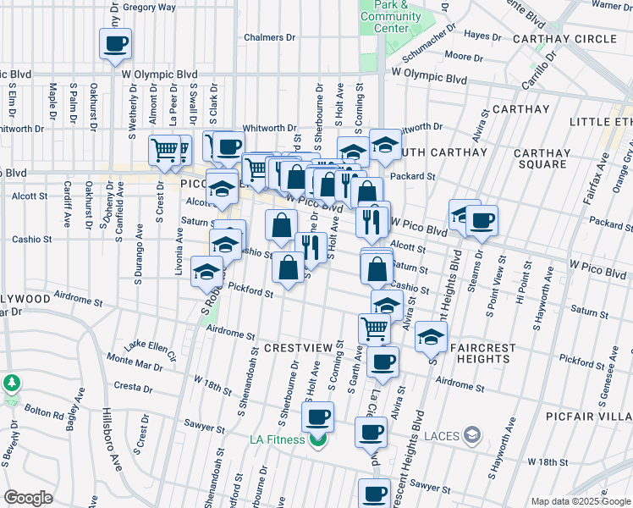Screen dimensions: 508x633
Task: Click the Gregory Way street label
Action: [x=149, y=7]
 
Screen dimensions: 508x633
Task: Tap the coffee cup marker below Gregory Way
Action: [x=116, y=43]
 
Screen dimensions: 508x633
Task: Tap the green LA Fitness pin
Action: [x=318, y=439]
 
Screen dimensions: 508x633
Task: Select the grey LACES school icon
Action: [x=472, y=437]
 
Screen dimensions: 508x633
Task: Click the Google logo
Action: [x=28, y=498]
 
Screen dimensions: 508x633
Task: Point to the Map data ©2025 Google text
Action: [x=580, y=500]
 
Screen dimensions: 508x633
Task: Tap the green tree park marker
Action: [x=12, y=383]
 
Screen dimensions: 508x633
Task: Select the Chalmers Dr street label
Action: [x=269, y=37]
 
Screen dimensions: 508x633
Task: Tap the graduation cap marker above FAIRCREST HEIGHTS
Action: [x=431, y=337]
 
